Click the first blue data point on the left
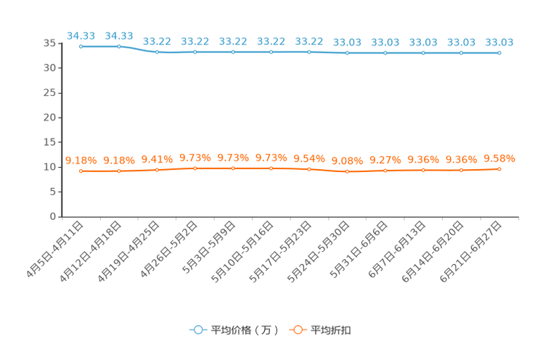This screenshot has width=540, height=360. coord(81,46)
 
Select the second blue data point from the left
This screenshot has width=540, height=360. coord(119,46)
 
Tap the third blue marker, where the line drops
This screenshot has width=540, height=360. coord(157,52)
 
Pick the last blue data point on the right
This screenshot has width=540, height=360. coord(499,53)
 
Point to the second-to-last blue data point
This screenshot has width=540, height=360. coord(461,53)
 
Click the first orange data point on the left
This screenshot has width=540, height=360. coord(81,171)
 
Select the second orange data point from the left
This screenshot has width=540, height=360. coord(119,171)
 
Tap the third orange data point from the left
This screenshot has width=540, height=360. coord(157,169)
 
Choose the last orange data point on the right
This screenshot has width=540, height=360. coord(499,168)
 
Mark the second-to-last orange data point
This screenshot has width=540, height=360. coord(461,170)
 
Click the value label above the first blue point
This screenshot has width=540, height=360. coord(81,35)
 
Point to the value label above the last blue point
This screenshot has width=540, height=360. coord(499,42)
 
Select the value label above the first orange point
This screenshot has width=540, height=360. coord(81,160)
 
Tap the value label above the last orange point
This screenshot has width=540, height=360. coord(499,157)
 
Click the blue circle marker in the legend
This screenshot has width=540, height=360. coord(197,330)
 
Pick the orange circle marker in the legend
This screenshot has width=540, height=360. coord(297,330)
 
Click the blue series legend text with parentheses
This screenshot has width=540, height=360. coord(245,330)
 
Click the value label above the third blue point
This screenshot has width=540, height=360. coord(157,41)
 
